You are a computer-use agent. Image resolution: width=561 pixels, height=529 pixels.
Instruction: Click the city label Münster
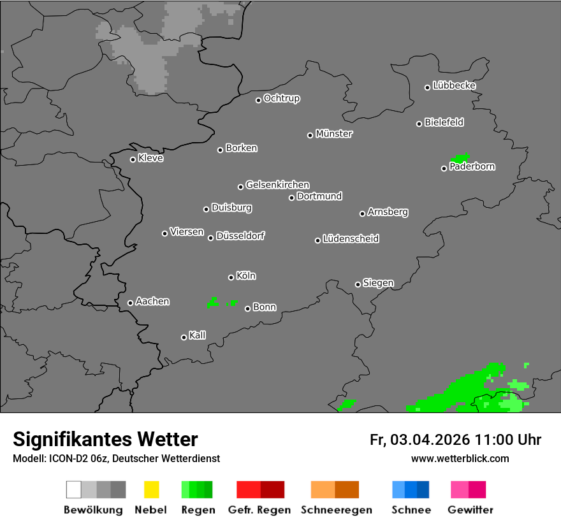click(x=334, y=134)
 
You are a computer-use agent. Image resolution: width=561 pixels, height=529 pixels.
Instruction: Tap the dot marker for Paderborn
click(x=444, y=168)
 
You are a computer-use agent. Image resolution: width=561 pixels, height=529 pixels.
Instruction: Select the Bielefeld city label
click(x=444, y=122)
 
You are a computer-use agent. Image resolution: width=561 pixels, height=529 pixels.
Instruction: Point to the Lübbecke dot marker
click(x=428, y=87)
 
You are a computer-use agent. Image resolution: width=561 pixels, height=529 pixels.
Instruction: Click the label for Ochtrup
click(x=282, y=99)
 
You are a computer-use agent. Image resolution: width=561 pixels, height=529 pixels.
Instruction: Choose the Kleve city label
click(x=151, y=158)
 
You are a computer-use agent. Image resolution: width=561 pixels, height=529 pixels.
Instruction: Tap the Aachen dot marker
click(x=131, y=303)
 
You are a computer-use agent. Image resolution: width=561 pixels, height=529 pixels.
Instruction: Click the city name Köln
click(x=246, y=276)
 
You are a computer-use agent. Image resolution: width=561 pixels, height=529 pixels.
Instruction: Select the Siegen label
click(x=379, y=283)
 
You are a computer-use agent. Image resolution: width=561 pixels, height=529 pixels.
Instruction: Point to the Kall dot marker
click(x=184, y=337)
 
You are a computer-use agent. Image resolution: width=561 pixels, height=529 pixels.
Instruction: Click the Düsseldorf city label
click(x=240, y=236)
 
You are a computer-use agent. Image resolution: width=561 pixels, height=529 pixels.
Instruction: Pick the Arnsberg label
click(x=388, y=212)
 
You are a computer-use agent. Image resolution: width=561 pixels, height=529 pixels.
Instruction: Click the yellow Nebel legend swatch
click(x=151, y=489)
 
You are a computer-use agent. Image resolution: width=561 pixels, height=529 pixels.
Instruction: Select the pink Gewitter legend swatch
click(x=469, y=489)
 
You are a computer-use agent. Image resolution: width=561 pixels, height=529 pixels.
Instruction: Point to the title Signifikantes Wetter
click(x=105, y=439)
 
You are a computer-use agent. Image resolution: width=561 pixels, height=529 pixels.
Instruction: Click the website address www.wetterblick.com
click(x=460, y=458)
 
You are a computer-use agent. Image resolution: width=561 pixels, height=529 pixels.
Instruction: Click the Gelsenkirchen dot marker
click(x=241, y=187)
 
